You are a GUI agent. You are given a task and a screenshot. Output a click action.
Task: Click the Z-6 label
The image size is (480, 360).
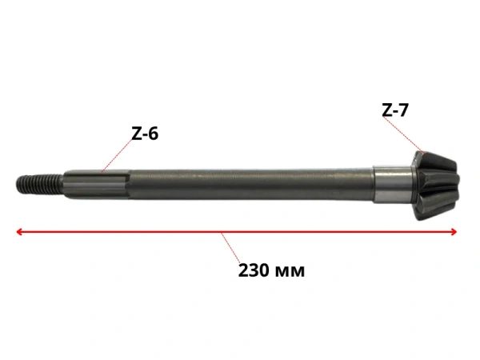click(x=145, y=134)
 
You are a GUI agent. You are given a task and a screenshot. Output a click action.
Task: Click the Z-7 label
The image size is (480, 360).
click(x=395, y=110)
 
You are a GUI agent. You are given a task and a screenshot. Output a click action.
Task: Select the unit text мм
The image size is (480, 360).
click(x=290, y=271)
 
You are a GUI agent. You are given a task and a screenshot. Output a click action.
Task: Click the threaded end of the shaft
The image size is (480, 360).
click(x=40, y=184)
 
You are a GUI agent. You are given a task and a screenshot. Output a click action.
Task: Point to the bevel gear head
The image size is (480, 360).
click(x=436, y=186)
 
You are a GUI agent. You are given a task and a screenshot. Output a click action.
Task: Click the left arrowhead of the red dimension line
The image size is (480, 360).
click(x=19, y=232)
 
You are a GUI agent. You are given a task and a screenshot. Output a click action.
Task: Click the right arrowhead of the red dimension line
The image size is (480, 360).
click(x=454, y=232)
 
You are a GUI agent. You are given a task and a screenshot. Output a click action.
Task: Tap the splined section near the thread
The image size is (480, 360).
click(x=98, y=184)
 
